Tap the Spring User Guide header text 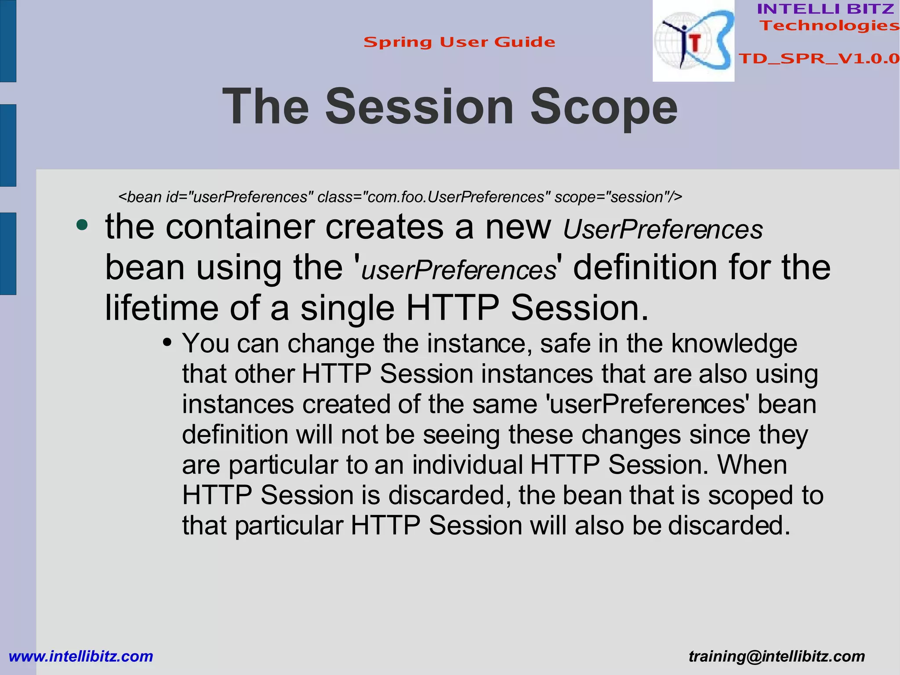pos(459,42)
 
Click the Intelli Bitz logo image pos(693,41)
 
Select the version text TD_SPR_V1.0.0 pos(819,58)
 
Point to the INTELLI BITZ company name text pos(825,9)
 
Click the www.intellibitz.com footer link pos(81,656)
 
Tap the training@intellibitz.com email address pos(777,656)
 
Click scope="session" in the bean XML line pos(618,197)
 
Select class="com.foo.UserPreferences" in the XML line pos(433,197)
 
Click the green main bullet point pos(82,226)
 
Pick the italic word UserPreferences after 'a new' pos(663,230)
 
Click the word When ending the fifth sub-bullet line pos(752,464)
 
